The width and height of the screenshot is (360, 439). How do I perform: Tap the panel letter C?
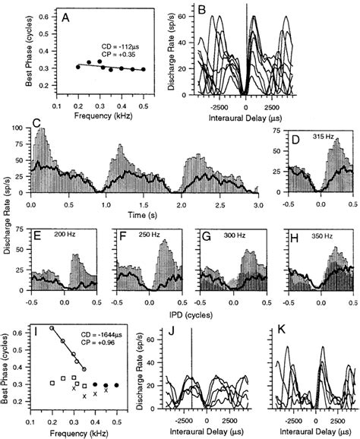[36, 124]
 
